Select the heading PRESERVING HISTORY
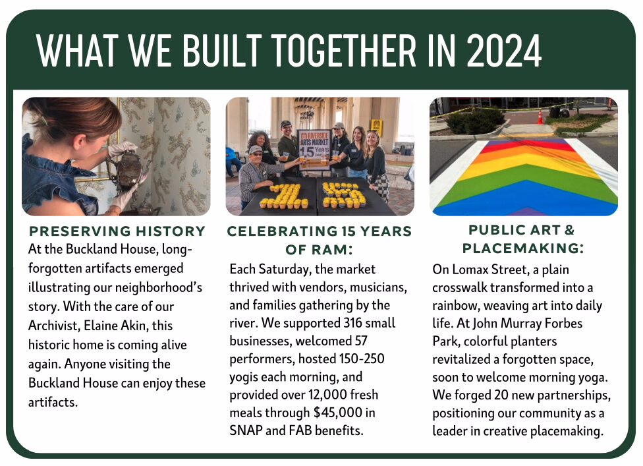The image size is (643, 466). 117,231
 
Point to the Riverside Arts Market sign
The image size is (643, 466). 314,148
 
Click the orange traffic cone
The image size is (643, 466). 540,117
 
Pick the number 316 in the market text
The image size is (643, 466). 352,323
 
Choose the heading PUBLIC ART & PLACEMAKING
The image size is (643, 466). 523,239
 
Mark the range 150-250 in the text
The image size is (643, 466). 362,359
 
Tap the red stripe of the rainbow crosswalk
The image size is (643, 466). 524,146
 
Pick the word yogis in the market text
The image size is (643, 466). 244,377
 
